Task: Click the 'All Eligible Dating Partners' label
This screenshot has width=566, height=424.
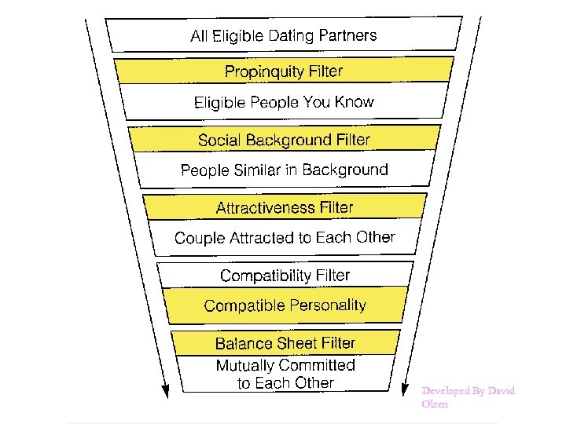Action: pyautogui.click(x=284, y=35)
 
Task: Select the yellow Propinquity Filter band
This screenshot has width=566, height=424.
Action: pyautogui.click(x=284, y=71)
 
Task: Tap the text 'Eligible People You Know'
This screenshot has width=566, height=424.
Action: pyautogui.click(x=284, y=102)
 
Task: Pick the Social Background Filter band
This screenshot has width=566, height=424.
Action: pyautogui.click(x=284, y=140)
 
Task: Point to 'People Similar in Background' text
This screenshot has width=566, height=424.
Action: pyautogui.click(x=284, y=170)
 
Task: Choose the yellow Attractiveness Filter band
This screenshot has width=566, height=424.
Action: pyautogui.click(x=285, y=207)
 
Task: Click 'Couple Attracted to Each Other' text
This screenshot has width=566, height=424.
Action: pyautogui.click(x=285, y=237)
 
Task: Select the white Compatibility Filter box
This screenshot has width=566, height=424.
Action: pyautogui.click(x=285, y=275)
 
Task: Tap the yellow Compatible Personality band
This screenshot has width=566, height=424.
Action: pyautogui.click(x=285, y=305)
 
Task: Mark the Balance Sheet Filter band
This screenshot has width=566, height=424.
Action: pyautogui.click(x=285, y=343)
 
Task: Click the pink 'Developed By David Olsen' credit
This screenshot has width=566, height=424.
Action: pyautogui.click(x=468, y=397)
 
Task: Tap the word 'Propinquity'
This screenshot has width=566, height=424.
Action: pyautogui.click(x=263, y=71)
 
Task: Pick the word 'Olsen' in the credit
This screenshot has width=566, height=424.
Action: pyautogui.click(x=435, y=404)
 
